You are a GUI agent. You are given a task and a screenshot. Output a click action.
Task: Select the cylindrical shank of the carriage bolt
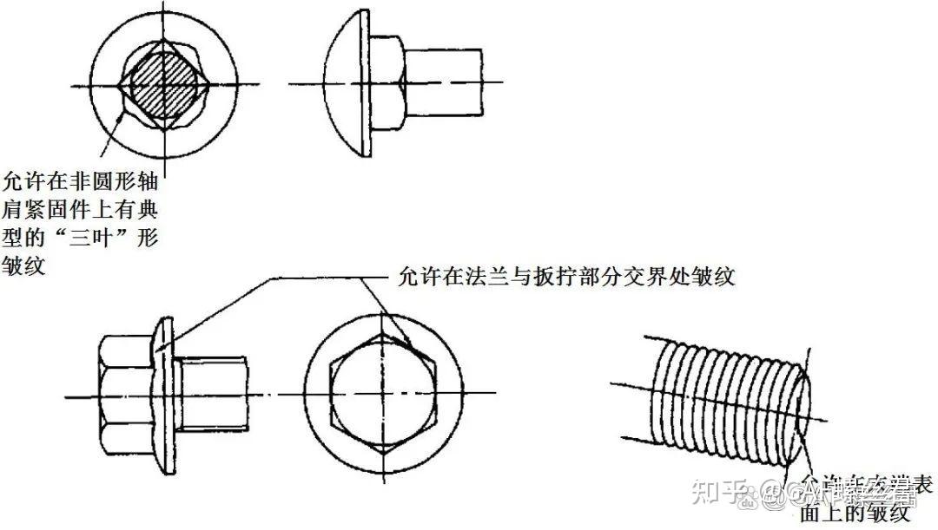coord(443,83)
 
